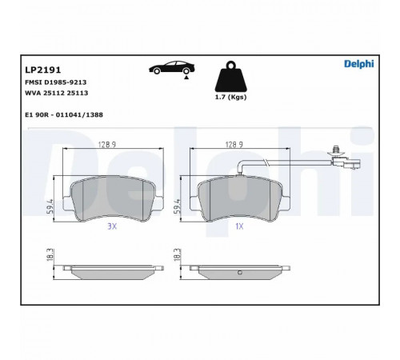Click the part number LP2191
[x=43, y=70]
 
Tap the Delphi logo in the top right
[x=359, y=64]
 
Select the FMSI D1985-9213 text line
[x=56, y=82]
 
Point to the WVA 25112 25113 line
[x=57, y=93]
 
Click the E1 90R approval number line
[x=64, y=115]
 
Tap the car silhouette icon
[x=172, y=68]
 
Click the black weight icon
[x=231, y=77]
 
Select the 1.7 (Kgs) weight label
[x=231, y=98]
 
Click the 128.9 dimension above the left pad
[x=107, y=145]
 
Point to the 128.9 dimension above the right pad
[x=234, y=145]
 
